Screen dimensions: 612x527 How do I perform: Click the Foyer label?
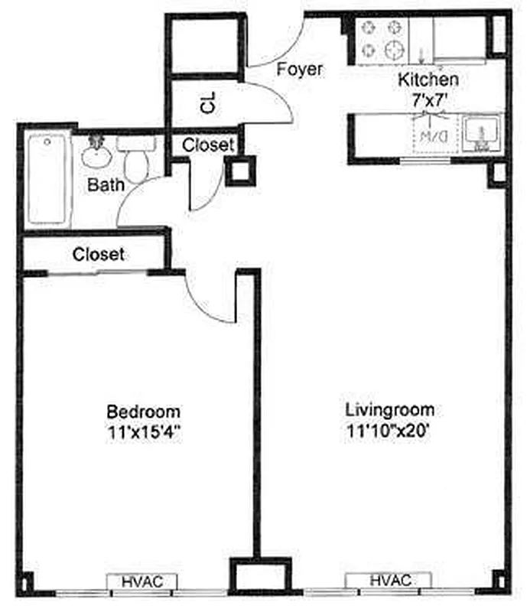(x=300, y=70)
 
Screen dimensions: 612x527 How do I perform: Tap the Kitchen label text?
(x=428, y=80)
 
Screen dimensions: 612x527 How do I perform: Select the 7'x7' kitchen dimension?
(x=428, y=97)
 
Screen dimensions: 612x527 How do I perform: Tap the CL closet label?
(x=207, y=103)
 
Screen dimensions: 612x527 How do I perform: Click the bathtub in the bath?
(x=47, y=179)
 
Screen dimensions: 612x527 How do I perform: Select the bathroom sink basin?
(x=97, y=155)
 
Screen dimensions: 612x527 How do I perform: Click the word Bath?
(x=106, y=184)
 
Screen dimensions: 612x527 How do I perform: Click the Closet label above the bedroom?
(x=99, y=254)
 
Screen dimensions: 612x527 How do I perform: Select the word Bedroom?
(x=144, y=410)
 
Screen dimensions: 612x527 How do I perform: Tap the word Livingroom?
(x=390, y=409)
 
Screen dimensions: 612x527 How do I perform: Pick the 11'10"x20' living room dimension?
(x=390, y=430)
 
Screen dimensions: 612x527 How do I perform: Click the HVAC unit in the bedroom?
(x=142, y=582)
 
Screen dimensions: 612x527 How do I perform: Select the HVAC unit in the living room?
(x=391, y=581)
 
